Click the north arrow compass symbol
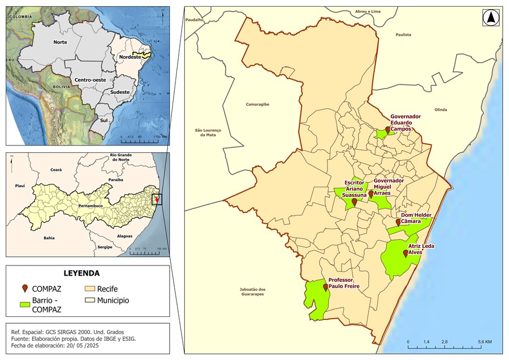pos(490,18)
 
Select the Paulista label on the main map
pos(403,35)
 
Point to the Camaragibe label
pos(257,104)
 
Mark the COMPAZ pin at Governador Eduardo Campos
pos(387,131)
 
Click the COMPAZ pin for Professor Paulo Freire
pos(325,287)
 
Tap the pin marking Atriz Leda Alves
pos(406,254)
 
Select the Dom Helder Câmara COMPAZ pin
pos(398,222)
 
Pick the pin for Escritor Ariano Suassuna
pos(355,202)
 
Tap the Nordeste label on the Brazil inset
pos(129,57)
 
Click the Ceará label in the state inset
pos(55,169)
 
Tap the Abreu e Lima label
pos(368,11)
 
